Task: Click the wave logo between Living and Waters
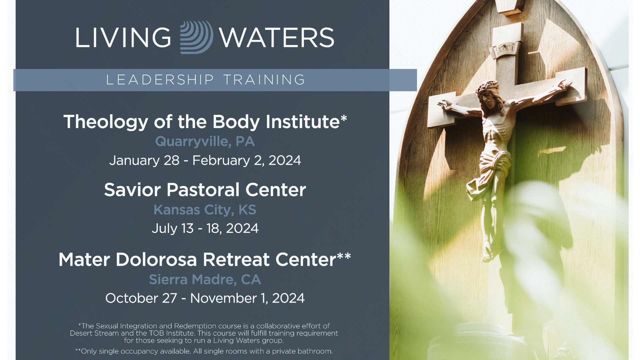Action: (197, 37)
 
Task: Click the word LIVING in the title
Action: (123, 37)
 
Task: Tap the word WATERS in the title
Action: (277, 37)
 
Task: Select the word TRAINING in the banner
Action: (264, 80)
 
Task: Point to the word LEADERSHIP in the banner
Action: (160, 80)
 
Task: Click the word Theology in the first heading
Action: (106, 122)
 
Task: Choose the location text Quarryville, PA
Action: (205, 141)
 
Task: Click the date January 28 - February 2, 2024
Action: (205, 160)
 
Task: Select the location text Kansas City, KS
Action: (205, 210)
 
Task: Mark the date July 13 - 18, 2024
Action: (205, 228)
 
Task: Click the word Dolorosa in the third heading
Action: (156, 259)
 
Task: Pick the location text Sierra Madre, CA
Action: (205, 279)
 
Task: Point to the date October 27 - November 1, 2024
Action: (205, 298)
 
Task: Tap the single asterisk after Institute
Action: (344, 118)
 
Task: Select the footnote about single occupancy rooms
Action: (204, 351)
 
